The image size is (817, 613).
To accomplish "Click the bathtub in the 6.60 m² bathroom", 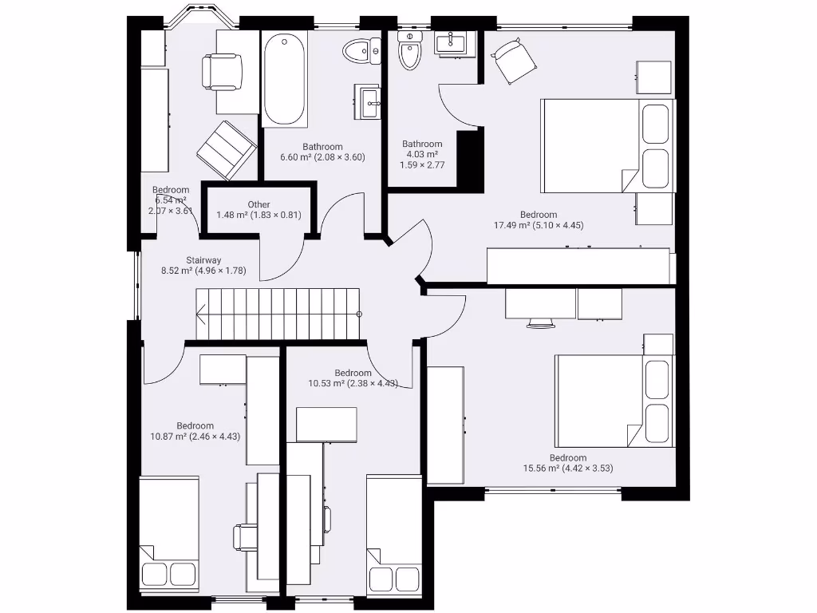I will (285, 80).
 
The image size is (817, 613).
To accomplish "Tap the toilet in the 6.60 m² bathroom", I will (359, 53).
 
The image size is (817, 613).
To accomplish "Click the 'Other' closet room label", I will (259, 205).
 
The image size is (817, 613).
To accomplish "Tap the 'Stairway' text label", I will (203, 260).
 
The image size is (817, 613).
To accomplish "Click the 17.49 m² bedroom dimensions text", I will (539, 225).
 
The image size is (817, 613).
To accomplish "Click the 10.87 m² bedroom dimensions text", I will (195, 437).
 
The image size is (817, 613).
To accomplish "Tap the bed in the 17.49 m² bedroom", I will (606, 145).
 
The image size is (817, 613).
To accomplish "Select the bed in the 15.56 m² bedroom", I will (614, 401).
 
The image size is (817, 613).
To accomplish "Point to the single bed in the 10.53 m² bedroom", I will (393, 535).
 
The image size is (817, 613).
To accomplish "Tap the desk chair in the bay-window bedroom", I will (221, 71).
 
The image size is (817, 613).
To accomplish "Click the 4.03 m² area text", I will (422, 154).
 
